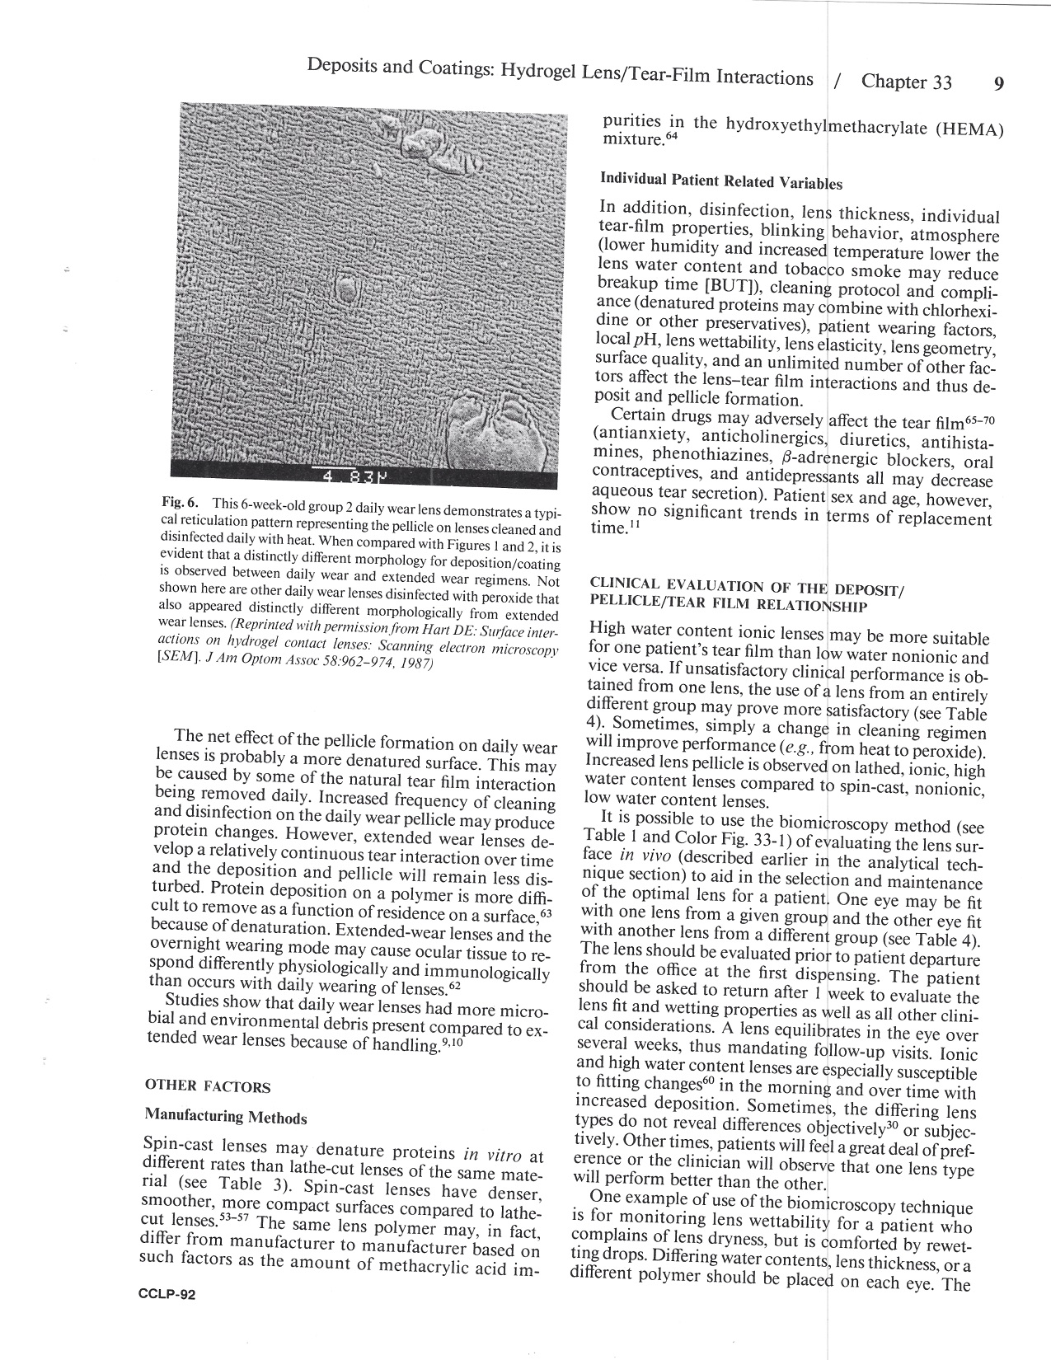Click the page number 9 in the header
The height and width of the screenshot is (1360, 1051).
pyautogui.click(x=998, y=84)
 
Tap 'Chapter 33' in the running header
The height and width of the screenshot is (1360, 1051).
pyautogui.click(x=906, y=82)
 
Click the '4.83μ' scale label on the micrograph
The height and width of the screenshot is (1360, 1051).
pyautogui.click(x=354, y=477)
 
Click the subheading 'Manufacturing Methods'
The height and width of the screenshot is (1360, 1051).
pyautogui.click(x=225, y=1117)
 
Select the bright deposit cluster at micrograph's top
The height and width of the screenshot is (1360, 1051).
pyautogui.click(x=431, y=144)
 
